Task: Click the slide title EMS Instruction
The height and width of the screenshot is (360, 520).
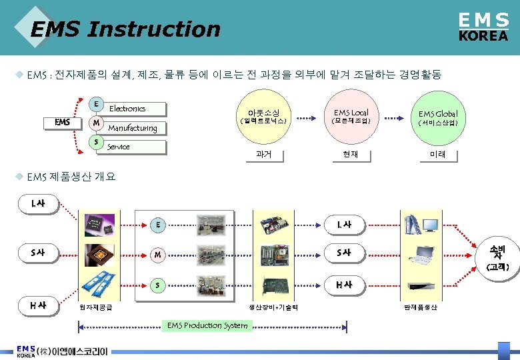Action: (x=125, y=29)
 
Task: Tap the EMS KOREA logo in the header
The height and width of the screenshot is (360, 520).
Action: (x=483, y=28)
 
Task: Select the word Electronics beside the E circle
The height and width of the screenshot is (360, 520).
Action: (x=127, y=108)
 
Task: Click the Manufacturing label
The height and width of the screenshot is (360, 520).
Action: (x=133, y=128)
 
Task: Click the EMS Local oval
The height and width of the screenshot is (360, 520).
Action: (x=351, y=117)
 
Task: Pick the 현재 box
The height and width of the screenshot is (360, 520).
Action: (x=351, y=155)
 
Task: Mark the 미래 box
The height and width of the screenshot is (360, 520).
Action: (x=437, y=155)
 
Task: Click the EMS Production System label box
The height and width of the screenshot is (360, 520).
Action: (x=207, y=325)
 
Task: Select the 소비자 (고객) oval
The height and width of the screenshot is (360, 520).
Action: (x=497, y=257)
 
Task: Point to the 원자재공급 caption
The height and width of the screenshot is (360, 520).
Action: (x=96, y=307)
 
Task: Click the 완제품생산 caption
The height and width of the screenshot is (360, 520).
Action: (x=421, y=307)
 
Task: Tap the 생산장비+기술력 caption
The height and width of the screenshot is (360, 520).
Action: (x=273, y=307)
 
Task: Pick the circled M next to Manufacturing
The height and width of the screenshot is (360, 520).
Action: (x=97, y=123)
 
